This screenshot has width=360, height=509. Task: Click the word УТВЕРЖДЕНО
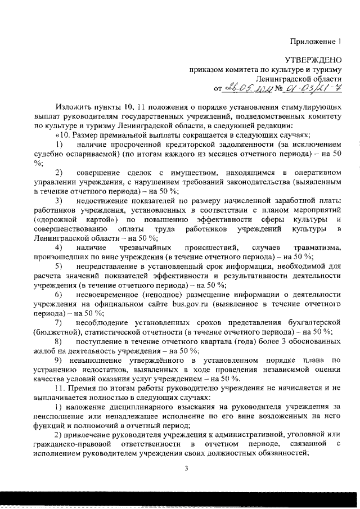coord(313,59)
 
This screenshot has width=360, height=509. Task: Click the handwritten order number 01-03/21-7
coord(312,88)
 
